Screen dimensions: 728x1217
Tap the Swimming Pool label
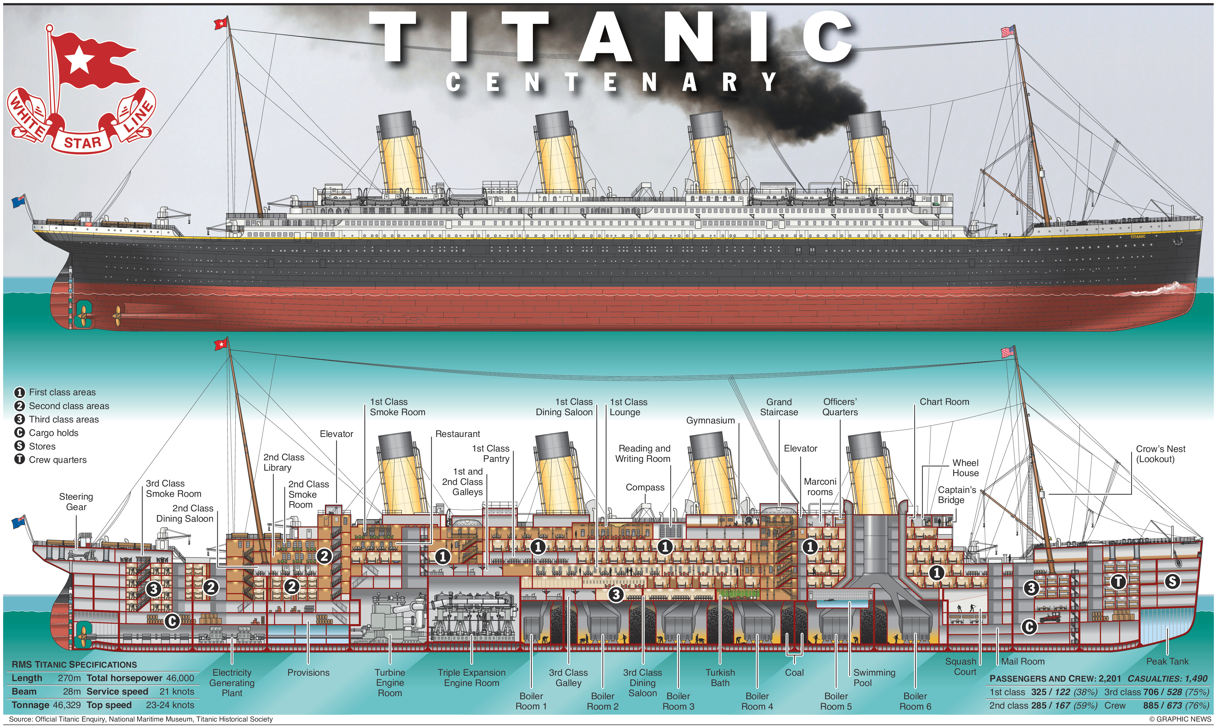874,677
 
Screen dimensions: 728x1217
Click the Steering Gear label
76,501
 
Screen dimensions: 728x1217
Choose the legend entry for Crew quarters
57,460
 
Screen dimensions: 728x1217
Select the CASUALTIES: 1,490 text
1167,678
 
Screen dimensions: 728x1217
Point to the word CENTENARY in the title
611,82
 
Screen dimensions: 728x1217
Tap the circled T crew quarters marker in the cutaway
1118,582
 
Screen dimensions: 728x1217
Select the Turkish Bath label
720,677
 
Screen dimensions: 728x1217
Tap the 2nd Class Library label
284,462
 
